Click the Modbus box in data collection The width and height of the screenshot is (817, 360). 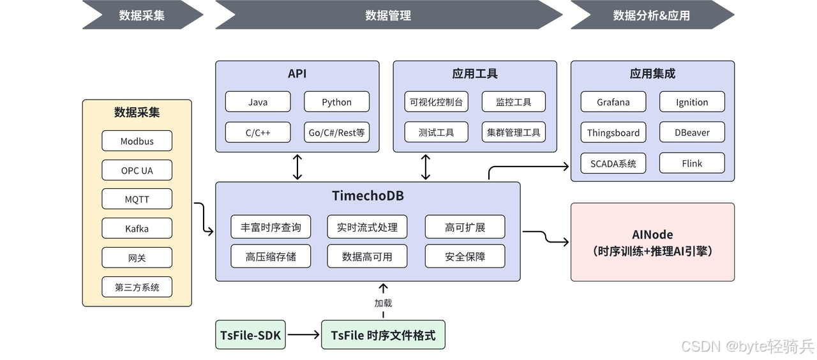coord(137,141)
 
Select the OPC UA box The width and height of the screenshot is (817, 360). coord(137,170)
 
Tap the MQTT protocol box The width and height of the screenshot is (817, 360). coord(137,199)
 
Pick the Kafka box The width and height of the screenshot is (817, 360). coord(137,229)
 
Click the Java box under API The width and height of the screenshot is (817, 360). coord(258,102)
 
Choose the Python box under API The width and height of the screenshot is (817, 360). coord(336,102)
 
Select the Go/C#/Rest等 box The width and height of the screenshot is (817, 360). coord(336,133)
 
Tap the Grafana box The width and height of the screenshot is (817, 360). coord(613,102)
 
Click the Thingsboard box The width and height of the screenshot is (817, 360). coord(613,133)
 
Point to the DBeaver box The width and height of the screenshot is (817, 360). coord(692,133)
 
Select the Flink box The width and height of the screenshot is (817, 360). coord(692,163)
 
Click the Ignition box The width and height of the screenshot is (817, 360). coord(692,102)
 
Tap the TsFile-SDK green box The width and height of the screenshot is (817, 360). coord(251,335)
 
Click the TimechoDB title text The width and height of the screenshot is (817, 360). coord(368,196)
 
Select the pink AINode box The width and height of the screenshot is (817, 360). coord(652,243)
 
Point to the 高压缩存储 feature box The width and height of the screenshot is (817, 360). coord(270,257)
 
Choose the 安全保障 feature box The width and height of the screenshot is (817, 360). coord(465,257)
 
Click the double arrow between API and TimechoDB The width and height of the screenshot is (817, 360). coord(297,167)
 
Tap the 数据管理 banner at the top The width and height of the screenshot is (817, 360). coord(388,15)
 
